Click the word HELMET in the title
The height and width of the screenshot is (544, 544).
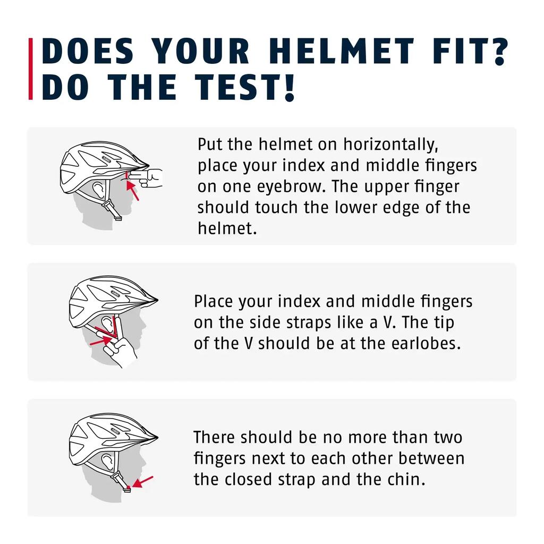(342, 51)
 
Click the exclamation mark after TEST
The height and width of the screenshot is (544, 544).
(290, 87)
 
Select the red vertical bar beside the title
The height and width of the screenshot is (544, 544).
(30, 69)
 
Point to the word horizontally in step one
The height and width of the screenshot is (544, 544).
(390, 144)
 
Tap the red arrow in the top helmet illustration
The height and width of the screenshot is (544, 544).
(132, 191)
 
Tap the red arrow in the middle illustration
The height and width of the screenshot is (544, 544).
(100, 341)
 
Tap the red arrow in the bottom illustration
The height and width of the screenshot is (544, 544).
(142, 481)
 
